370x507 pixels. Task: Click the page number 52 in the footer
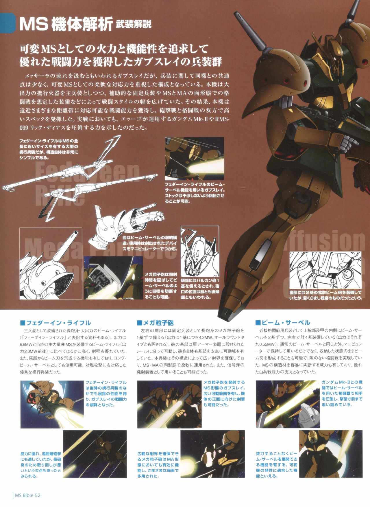click(37, 495)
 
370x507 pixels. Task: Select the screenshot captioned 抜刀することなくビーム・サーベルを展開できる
click(330, 453)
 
